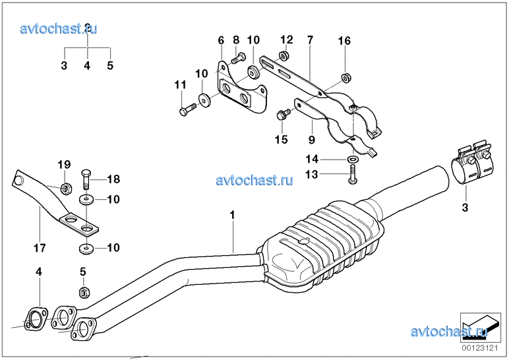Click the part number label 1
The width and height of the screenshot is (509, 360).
click(232, 215)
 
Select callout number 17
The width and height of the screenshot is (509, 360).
click(39, 249)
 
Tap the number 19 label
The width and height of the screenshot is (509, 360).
click(63, 164)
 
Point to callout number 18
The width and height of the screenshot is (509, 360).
click(113, 178)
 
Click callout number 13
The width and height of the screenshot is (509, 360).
click(311, 174)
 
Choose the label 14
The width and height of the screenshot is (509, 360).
click(311, 159)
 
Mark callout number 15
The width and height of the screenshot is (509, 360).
click(282, 139)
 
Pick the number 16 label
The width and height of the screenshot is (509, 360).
click(345, 41)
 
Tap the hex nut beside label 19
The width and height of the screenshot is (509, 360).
click(66, 189)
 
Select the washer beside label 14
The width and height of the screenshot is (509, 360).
click(353, 160)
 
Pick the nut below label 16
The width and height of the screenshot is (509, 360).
click(345, 79)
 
